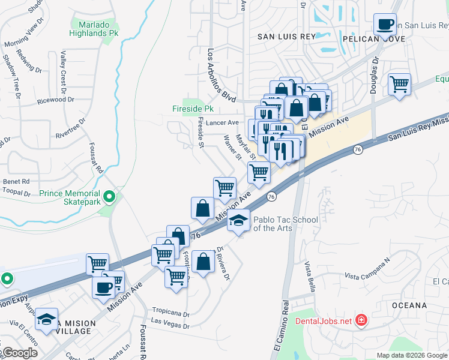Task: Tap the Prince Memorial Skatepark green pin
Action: [x=109, y=196]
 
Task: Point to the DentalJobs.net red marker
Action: [x=361, y=320]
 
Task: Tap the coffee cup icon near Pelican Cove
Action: [x=384, y=25]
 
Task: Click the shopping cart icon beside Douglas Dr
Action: [x=399, y=84]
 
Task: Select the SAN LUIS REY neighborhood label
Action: [x=286, y=37]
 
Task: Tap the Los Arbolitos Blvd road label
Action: [x=219, y=75]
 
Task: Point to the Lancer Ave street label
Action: [x=223, y=122]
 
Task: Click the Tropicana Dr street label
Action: [x=170, y=314]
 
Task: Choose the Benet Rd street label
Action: [x=16, y=181]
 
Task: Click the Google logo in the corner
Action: [x=20, y=353]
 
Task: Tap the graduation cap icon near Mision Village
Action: [x=46, y=320]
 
